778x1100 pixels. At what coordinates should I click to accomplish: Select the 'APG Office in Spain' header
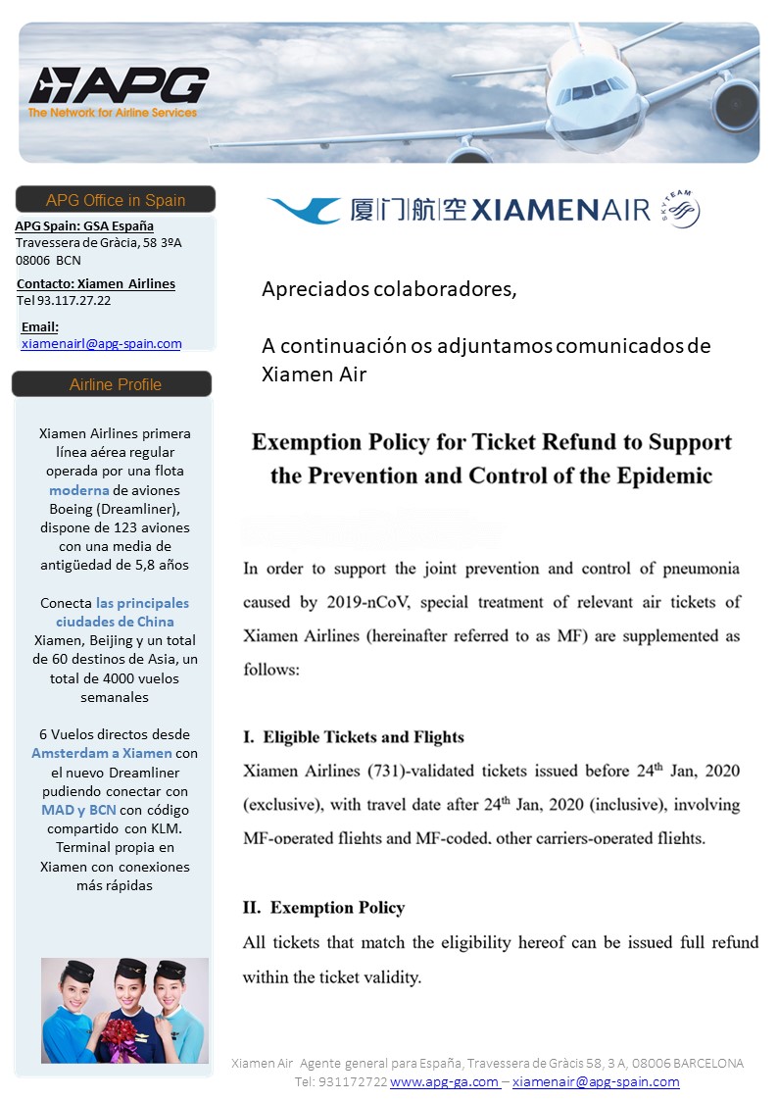click(x=115, y=200)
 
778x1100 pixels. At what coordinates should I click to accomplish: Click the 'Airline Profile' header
click(x=115, y=384)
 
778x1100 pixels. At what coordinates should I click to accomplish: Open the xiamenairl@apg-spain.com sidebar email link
click(x=101, y=343)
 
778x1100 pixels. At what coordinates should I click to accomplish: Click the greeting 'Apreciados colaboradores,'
click(x=388, y=289)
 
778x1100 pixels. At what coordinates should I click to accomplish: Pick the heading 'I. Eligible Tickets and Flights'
click(x=354, y=736)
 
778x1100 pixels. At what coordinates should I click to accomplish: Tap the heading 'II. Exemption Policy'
click(x=324, y=907)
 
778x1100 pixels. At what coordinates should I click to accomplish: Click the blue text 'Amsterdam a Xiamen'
click(x=102, y=753)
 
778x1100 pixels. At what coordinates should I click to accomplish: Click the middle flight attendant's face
click(x=126, y=984)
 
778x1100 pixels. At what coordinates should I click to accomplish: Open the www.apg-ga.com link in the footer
click(x=444, y=1081)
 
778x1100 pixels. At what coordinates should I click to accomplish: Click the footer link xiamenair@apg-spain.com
click(x=595, y=1081)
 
